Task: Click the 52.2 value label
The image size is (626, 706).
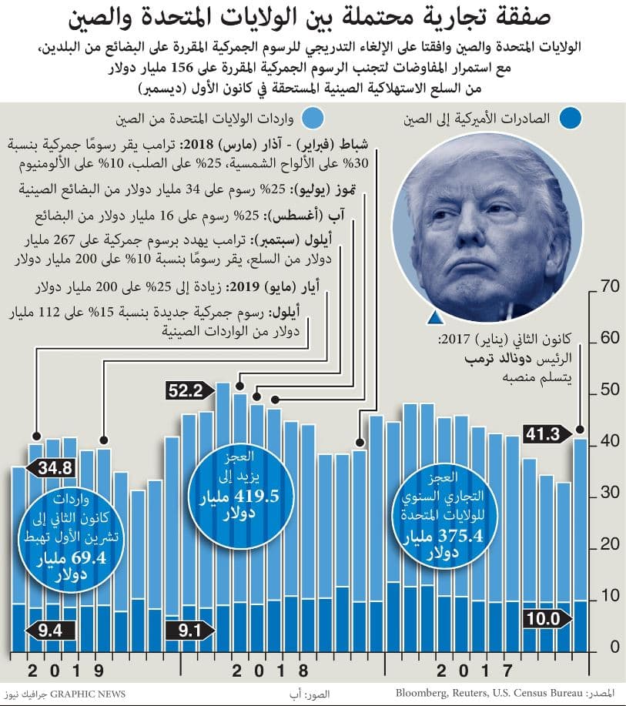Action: (187, 390)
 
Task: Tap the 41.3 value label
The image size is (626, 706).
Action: (544, 434)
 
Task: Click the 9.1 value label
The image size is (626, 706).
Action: (187, 631)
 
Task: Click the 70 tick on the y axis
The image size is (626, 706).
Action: (609, 287)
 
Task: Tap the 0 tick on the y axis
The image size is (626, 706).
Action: (614, 647)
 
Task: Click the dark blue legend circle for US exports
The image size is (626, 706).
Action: (571, 119)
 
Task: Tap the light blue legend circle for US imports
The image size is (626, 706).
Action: (312, 119)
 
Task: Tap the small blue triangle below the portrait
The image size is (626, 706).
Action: (435, 318)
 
